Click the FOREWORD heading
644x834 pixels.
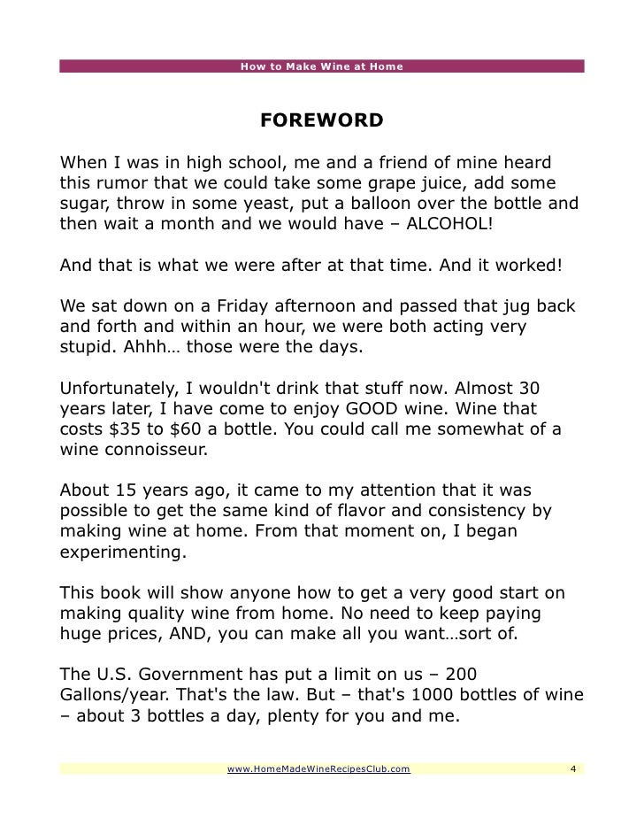tap(321, 120)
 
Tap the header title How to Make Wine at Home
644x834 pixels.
tap(322, 66)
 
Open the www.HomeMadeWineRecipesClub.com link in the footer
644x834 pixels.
tap(318, 768)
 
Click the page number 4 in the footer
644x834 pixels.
tap(573, 768)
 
